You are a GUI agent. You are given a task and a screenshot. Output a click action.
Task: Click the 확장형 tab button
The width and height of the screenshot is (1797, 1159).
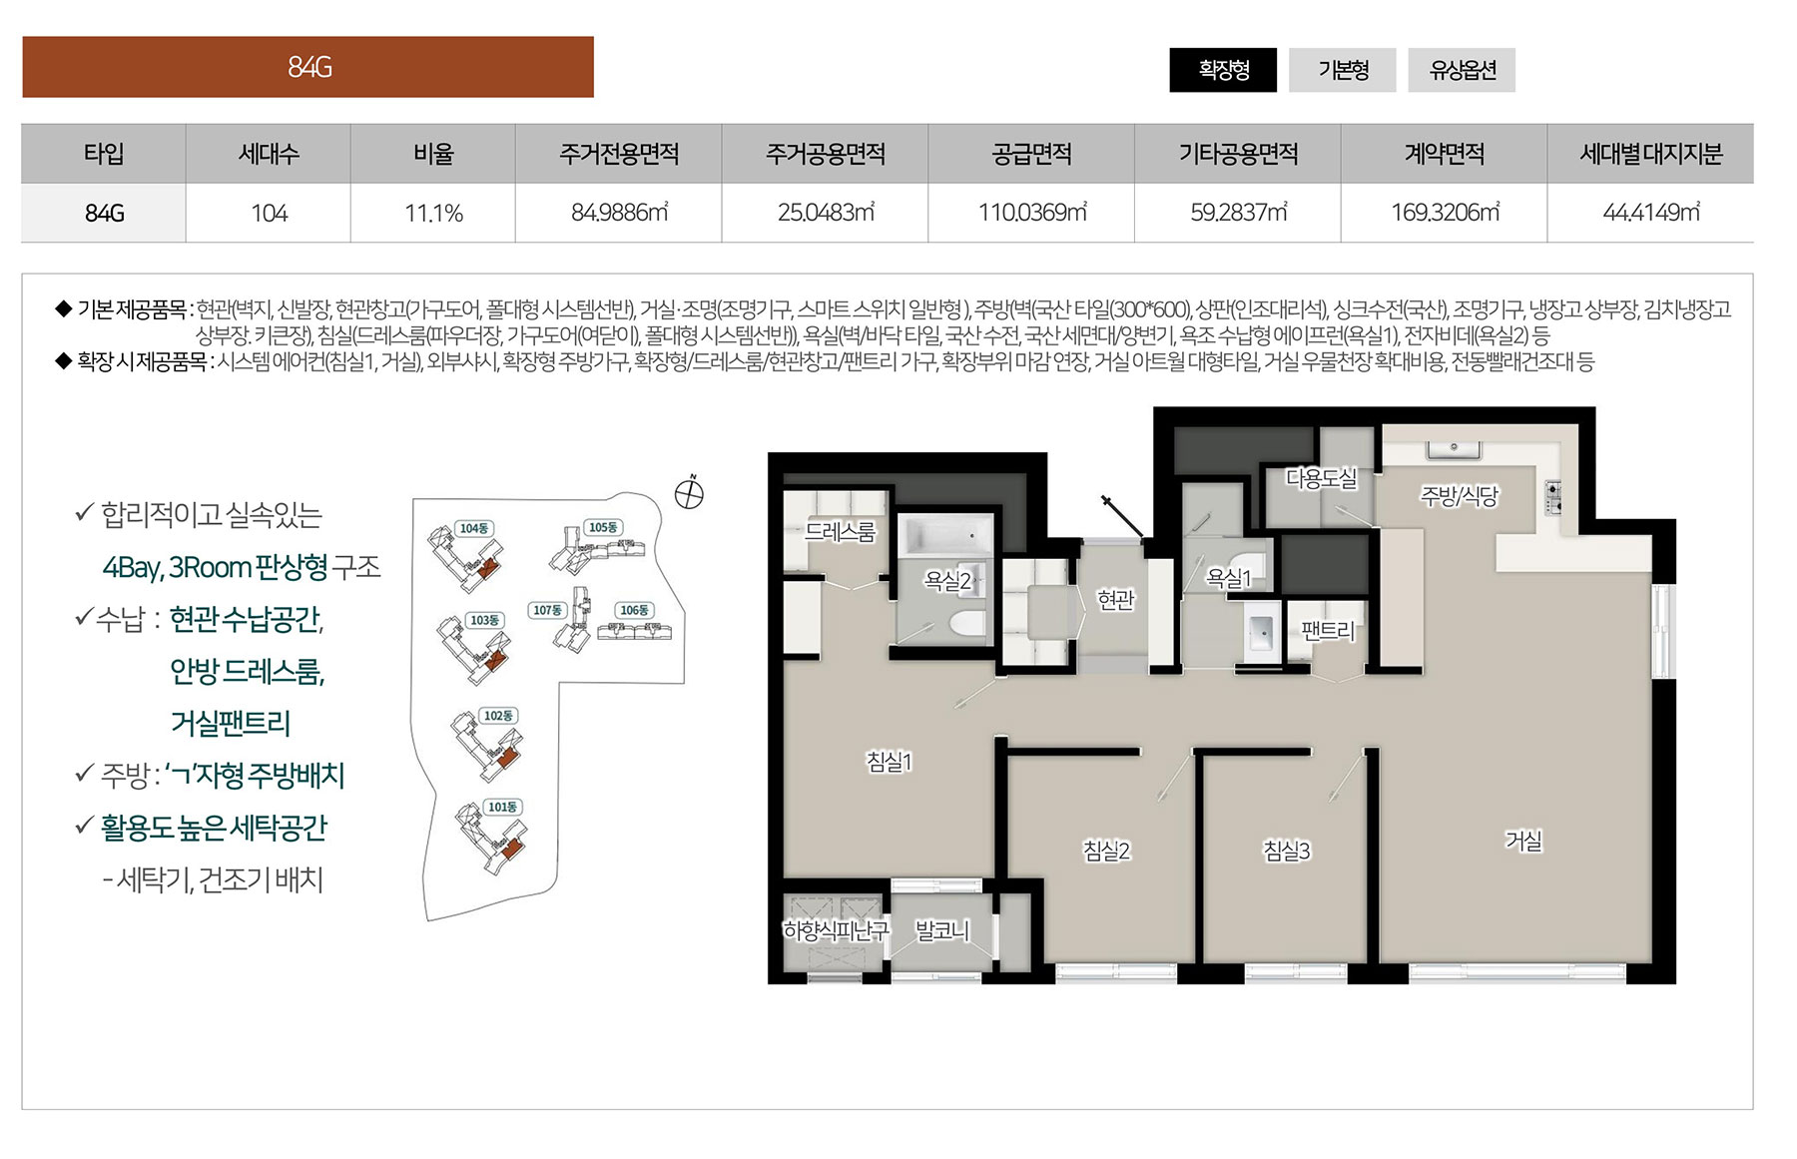pyautogui.click(x=1223, y=70)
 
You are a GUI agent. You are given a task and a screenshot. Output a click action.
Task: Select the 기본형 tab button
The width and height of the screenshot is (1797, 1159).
pyautogui.click(x=1343, y=70)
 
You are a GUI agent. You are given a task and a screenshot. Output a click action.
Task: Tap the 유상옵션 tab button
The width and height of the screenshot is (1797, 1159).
pyautogui.click(x=1462, y=70)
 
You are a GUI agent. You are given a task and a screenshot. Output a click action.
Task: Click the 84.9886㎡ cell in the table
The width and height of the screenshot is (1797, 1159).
pyautogui.click(x=619, y=213)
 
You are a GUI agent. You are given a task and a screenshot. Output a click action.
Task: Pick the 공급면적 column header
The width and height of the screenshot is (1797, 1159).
pyautogui.click(x=1031, y=154)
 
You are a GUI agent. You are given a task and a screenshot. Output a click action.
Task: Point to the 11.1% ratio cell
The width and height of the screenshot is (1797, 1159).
pyautogui.click(x=433, y=213)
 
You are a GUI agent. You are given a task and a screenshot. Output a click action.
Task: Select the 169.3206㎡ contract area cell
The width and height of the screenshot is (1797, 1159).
pyautogui.click(x=1445, y=213)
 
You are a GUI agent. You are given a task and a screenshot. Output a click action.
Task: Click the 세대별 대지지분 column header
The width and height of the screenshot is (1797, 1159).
pyautogui.click(x=1651, y=154)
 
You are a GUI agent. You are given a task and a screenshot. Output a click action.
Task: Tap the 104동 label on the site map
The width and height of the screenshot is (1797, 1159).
pyautogui.click(x=474, y=528)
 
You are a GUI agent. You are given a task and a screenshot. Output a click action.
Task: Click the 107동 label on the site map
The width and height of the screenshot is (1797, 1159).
pyautogui.click(x=547, y=610)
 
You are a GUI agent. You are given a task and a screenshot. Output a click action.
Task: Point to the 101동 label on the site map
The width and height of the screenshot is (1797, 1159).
pyautogui.click(x=502, y=807)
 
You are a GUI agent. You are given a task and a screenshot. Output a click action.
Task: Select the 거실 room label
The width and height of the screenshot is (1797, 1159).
pyautogui.click(x=1523, y=841)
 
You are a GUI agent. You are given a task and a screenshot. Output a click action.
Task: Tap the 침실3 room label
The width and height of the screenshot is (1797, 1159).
pyautogui.click(x=1286, y=851)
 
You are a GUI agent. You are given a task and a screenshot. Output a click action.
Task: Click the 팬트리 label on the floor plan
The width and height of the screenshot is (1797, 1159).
pyautogui.click(x=1328, y=630)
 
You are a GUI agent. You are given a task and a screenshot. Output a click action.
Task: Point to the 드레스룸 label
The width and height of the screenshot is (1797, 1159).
pyautogui.click(x=840, y=532)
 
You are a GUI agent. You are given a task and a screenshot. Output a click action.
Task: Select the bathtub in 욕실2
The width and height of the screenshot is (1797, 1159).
pyautogui.click(x=946, y=537)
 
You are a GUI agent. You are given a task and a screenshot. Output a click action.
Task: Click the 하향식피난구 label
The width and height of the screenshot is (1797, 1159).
pyautogui.click(x=836, y=930)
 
